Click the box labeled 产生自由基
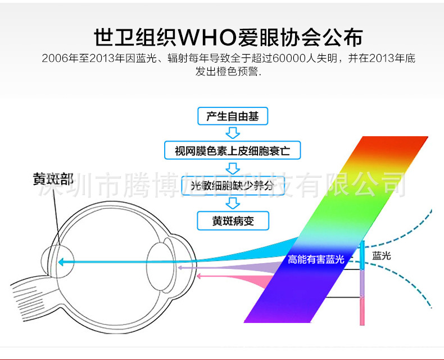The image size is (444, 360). [233, 116]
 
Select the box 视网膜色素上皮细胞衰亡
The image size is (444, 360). [233, 151]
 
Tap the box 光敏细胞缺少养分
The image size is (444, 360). [233, 185]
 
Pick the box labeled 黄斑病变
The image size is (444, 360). [233, 220]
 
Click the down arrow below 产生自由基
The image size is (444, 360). [233, 133]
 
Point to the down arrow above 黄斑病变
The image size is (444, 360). [233, 202]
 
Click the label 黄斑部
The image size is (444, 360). [53, 179]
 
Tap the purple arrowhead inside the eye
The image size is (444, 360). [180, 268]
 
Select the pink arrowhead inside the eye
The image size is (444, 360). [182, 276]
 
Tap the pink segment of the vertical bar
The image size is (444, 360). [363, 311]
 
